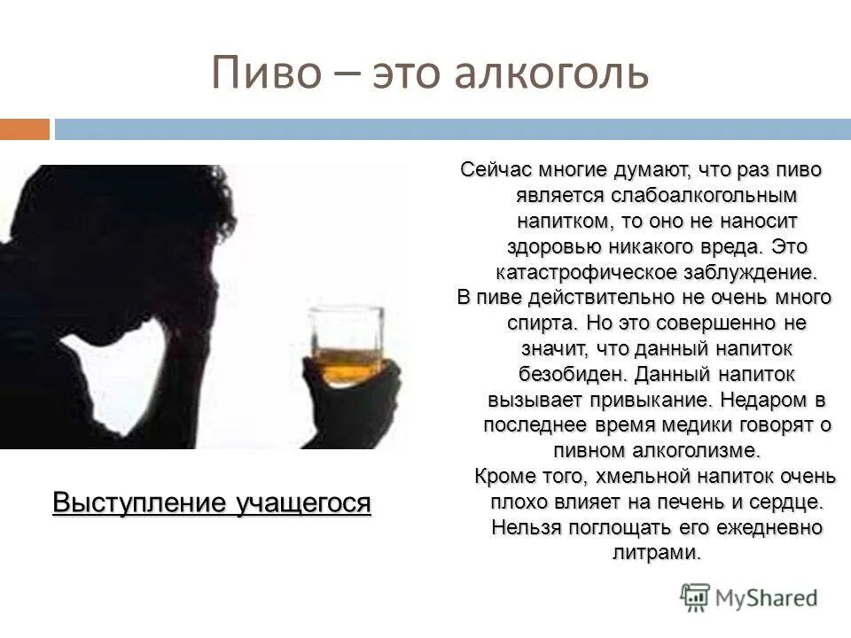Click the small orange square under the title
coord(24,129)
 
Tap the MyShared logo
coord(749,596)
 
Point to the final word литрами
coord(656,553)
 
